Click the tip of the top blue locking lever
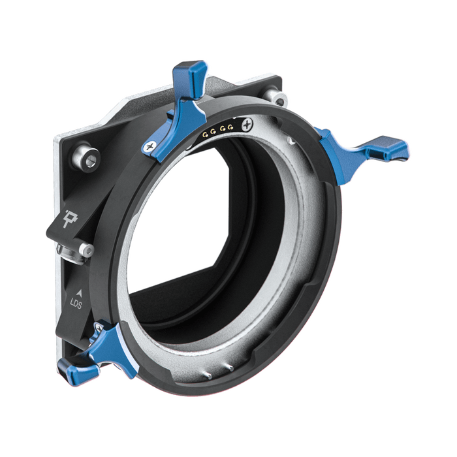coord(195,69)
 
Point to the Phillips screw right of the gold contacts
coord(246,123)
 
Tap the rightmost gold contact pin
coord(232,125)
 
